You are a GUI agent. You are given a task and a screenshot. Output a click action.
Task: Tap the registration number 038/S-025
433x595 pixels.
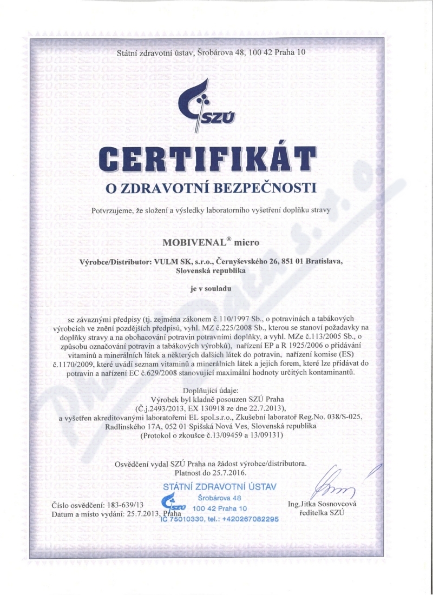coord(326,418)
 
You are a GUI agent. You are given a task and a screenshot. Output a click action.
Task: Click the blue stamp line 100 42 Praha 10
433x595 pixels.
coord(219,508)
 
